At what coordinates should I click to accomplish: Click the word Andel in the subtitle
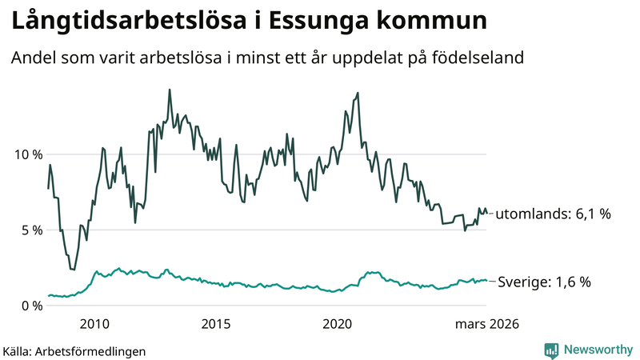[x=32, y=58]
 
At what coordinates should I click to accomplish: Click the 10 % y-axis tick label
[x=26, y=154]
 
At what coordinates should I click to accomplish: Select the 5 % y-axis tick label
[x=30, y=230]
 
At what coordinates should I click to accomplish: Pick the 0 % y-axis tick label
[x=30, y=306]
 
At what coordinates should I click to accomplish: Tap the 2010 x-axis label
[x=94, y=324]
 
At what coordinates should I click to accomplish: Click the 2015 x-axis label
[x=216, y=324]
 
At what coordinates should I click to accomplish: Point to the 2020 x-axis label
[x=338, y=324]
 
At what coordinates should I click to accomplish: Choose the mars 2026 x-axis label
[x=487, y=324]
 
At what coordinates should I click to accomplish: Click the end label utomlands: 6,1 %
[x=553, y=214]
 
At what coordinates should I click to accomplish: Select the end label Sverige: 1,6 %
[x=544, y=282]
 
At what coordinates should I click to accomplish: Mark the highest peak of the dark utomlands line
[x=170, y=90]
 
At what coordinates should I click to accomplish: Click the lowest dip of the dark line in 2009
[x=74, y=270]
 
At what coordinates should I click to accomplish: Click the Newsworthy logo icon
[x=551, y=350]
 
